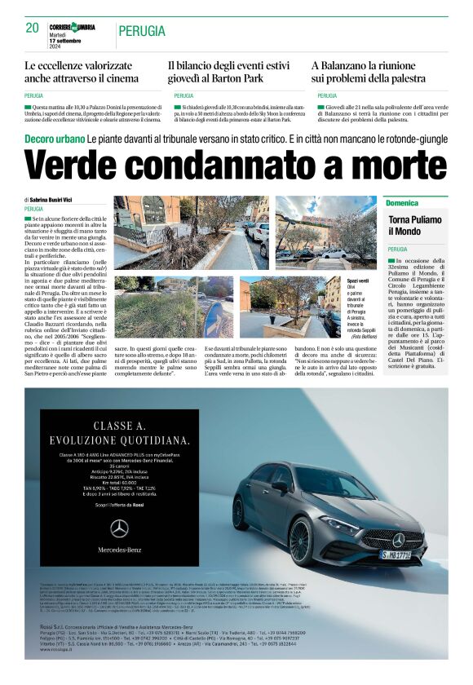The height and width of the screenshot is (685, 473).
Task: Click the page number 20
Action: [33, 28]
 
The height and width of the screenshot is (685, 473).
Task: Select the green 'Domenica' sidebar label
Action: [402, 202]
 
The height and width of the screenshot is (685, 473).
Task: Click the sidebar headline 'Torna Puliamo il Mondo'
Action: [416, 226]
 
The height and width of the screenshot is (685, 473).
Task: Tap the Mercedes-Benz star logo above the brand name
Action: [119, 528]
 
